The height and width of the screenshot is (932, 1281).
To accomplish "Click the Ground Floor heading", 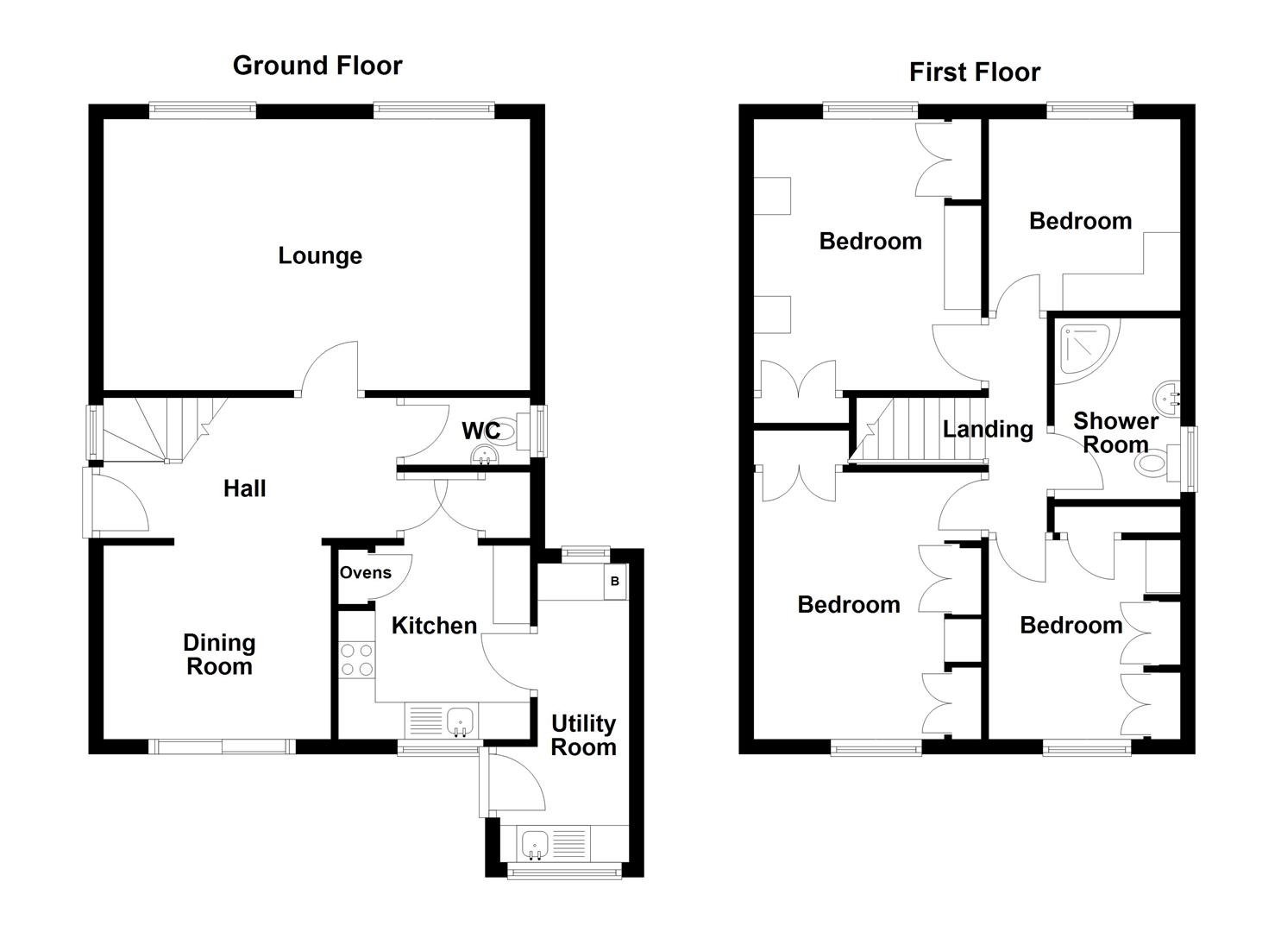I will [317, 66].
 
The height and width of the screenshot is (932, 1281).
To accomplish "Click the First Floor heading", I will [974, 72].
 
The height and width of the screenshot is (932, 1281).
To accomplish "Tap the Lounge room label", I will [319, 255].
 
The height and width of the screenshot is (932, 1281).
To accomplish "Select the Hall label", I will [244, 488].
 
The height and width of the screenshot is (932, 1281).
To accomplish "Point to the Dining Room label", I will [219, 654].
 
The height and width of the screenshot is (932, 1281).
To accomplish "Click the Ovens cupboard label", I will [365, 573].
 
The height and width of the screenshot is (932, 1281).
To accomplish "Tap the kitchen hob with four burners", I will [356, 659].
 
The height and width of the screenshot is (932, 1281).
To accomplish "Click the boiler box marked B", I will [615, 582].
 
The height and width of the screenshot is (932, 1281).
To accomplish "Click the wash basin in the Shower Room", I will [1166, 398].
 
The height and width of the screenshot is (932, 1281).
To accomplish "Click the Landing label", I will [987, 429].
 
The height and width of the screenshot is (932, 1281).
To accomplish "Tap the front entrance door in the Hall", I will [116, 502].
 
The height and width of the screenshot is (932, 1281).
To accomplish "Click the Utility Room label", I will [583, 735].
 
